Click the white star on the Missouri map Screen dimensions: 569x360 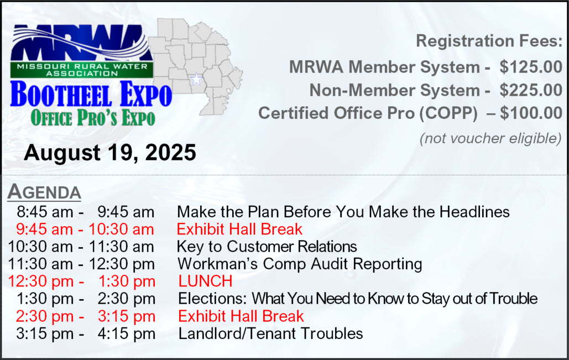[196, 79]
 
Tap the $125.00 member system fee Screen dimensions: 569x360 [531, 67]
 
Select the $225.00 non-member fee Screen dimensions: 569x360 [531, 90]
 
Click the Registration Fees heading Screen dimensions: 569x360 [489, 41]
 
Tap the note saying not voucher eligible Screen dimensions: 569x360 [490, 138]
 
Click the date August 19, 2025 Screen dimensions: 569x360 [110, 153]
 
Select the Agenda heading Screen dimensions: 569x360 [44, 191]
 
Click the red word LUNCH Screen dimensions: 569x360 [205, 281]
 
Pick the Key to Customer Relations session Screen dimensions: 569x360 [267, 247]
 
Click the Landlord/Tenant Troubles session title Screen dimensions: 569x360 [271, 333]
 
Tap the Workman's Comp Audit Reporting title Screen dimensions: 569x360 [300, 264]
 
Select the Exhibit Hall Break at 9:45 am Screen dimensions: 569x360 [239, 229]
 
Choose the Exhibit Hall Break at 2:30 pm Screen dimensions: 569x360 [241, 316]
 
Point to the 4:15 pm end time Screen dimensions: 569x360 [126, 334]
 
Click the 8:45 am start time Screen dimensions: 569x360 [45, 212]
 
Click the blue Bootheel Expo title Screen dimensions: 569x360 [91, 94]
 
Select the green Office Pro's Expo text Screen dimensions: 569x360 [93, 118]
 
